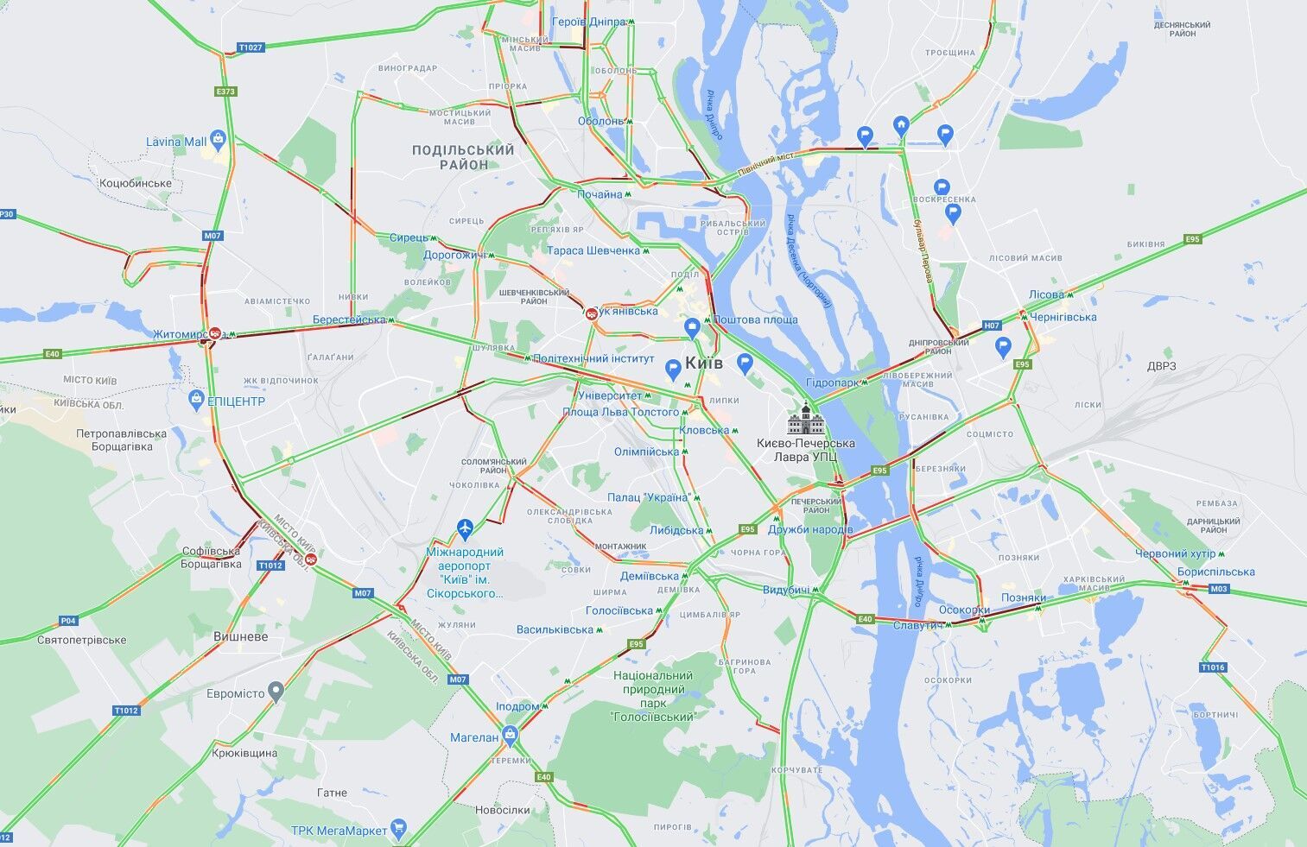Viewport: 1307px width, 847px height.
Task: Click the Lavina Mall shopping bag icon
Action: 218,139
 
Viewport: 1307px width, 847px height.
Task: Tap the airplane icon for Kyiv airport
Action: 466,527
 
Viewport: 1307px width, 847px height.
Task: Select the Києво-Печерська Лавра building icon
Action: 805,420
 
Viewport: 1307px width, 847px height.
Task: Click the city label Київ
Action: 704,363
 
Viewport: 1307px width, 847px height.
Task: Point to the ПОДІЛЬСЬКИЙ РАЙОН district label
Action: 463,157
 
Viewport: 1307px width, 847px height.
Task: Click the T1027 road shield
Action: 250,47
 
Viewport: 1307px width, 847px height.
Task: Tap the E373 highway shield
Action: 225,91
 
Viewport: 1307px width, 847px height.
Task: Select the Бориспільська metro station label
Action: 1215,572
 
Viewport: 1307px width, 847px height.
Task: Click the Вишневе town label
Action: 241,636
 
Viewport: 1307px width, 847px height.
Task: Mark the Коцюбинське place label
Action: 136,183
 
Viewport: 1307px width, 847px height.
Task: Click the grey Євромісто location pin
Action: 276,691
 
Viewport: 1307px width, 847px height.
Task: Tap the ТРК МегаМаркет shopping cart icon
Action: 398,828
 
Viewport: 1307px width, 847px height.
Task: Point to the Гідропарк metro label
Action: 832,382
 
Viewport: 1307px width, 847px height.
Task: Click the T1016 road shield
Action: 1213,667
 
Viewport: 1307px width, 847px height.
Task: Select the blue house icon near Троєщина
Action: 901,126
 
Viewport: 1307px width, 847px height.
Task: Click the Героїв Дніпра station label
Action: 588,22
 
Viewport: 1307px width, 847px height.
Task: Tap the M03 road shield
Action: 1218,589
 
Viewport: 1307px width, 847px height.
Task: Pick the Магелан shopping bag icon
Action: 511,736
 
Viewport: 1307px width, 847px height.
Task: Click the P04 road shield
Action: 67,620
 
